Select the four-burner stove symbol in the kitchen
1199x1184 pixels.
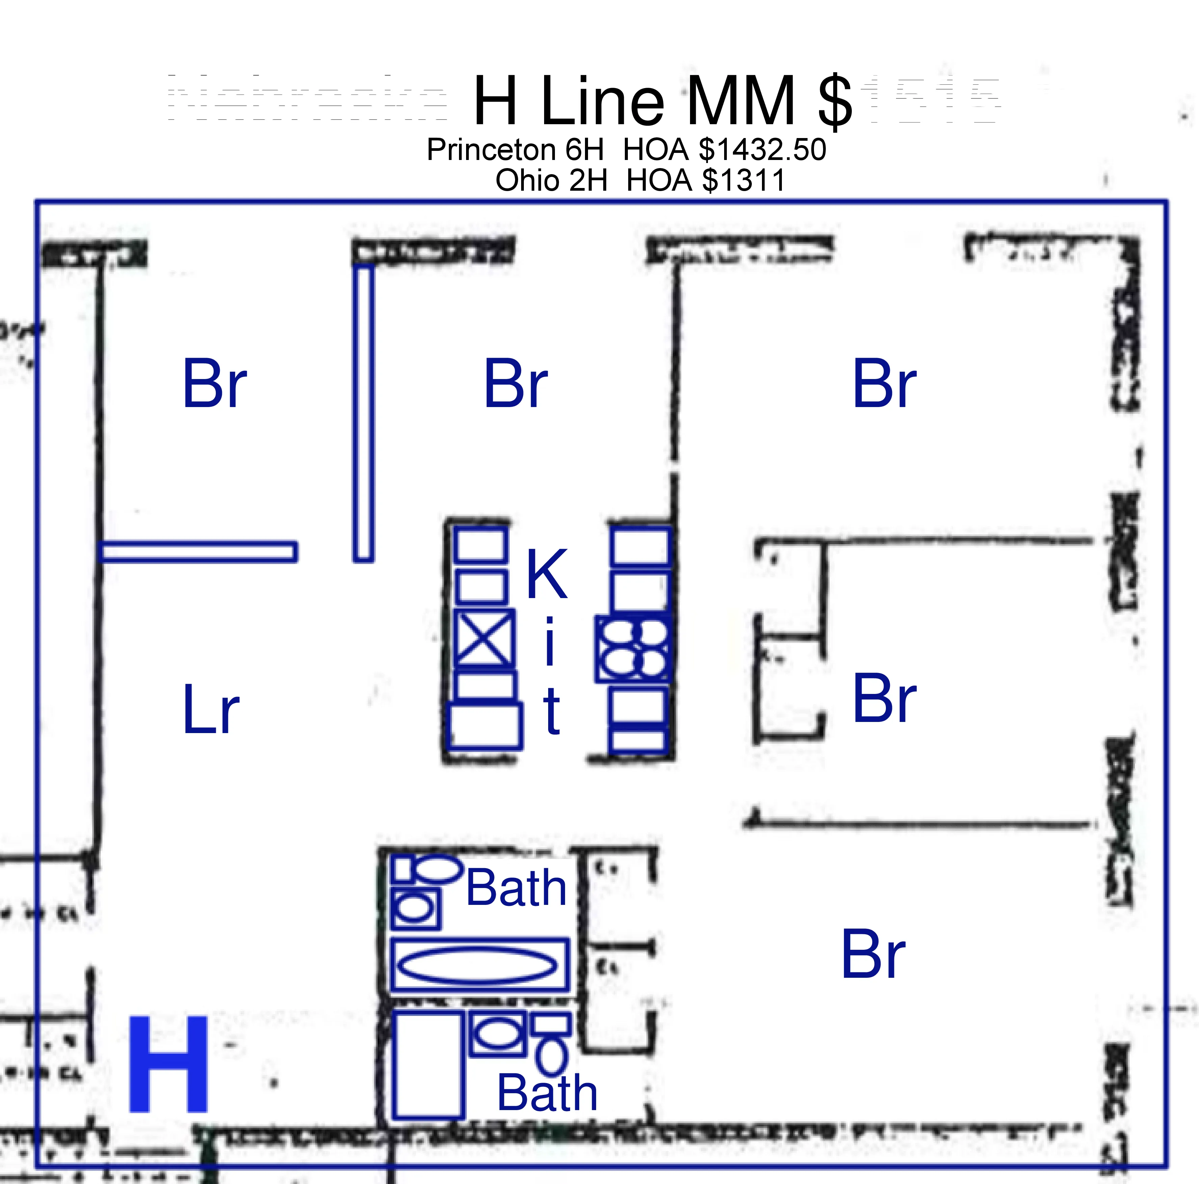click(632, 649)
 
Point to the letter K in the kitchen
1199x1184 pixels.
click(546, 575)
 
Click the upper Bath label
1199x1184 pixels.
click(516, 888)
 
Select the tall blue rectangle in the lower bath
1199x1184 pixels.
click(428, 1065)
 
